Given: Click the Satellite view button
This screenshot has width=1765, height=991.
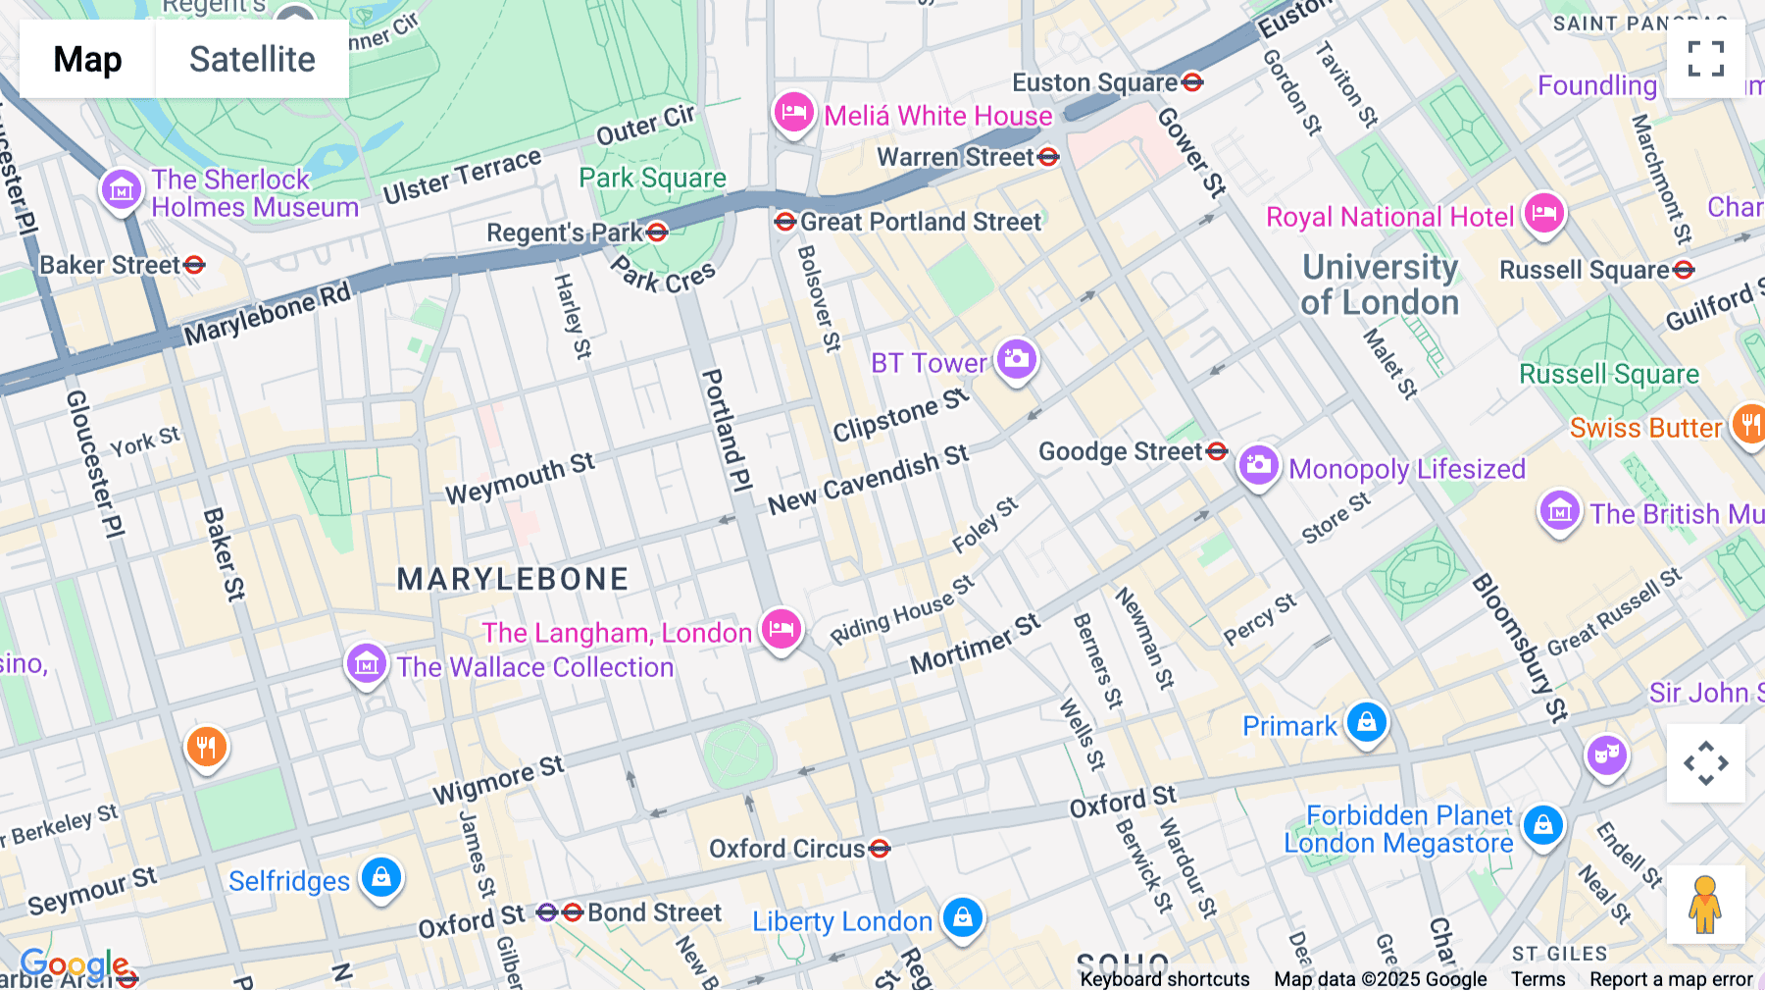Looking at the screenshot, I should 252,59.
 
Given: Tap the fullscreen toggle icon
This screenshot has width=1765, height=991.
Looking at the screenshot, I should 1705,59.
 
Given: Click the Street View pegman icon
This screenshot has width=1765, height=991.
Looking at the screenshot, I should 1705,905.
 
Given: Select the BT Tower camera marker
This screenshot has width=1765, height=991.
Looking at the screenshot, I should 1017,358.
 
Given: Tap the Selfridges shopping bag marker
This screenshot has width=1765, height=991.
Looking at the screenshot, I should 381,876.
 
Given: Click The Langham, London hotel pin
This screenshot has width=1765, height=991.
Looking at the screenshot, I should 781,628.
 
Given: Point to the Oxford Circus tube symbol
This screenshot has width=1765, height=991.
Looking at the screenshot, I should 880,848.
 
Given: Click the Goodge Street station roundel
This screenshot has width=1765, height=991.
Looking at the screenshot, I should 1217,450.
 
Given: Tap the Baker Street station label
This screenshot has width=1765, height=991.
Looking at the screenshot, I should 110,265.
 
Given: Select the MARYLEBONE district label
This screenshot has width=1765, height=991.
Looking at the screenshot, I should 512,579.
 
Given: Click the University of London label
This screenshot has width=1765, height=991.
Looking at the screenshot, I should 1380,285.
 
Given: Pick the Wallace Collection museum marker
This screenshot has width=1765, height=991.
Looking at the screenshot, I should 367,663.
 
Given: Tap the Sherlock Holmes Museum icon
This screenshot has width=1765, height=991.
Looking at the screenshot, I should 122,189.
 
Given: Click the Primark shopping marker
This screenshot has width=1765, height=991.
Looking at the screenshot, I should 1366,722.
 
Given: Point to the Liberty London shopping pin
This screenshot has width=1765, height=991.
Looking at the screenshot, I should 962,916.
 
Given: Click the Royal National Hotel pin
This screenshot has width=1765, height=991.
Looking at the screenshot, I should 1543,213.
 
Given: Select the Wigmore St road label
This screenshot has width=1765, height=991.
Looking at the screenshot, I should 498,779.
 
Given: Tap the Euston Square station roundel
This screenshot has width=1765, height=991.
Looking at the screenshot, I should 1192,82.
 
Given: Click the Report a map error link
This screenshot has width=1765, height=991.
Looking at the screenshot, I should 1670,979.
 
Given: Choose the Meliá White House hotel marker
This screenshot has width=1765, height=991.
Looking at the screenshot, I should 793,112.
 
